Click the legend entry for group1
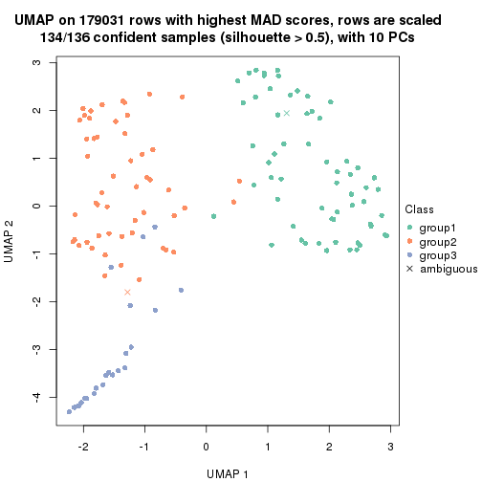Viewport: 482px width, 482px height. (x=436, y=227)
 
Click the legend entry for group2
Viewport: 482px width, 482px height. (x=436, y=241)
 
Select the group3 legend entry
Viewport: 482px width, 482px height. (x=436, y=255)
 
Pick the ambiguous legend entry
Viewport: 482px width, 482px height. (x=441, y=270)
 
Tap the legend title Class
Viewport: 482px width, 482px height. (x=420, y=209)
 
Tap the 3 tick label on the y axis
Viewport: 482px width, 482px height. (x=36, y=62)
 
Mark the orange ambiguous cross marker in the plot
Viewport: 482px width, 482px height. (x=127, y=292)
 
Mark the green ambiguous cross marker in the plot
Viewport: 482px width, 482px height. (x=286, y=113)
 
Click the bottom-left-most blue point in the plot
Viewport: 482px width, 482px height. (x=69, y=411)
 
